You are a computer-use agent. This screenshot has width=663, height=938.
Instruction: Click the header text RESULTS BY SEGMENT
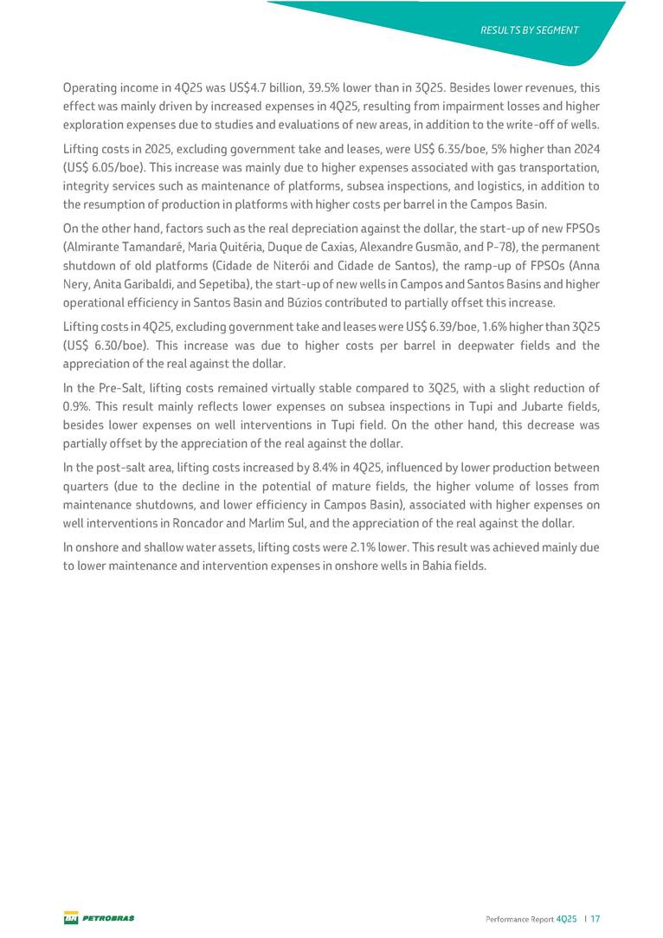click(529, 30)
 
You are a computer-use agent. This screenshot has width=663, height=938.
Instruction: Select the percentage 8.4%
click(325, 467)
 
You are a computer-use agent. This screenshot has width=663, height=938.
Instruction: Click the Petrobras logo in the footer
click(100, 917)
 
